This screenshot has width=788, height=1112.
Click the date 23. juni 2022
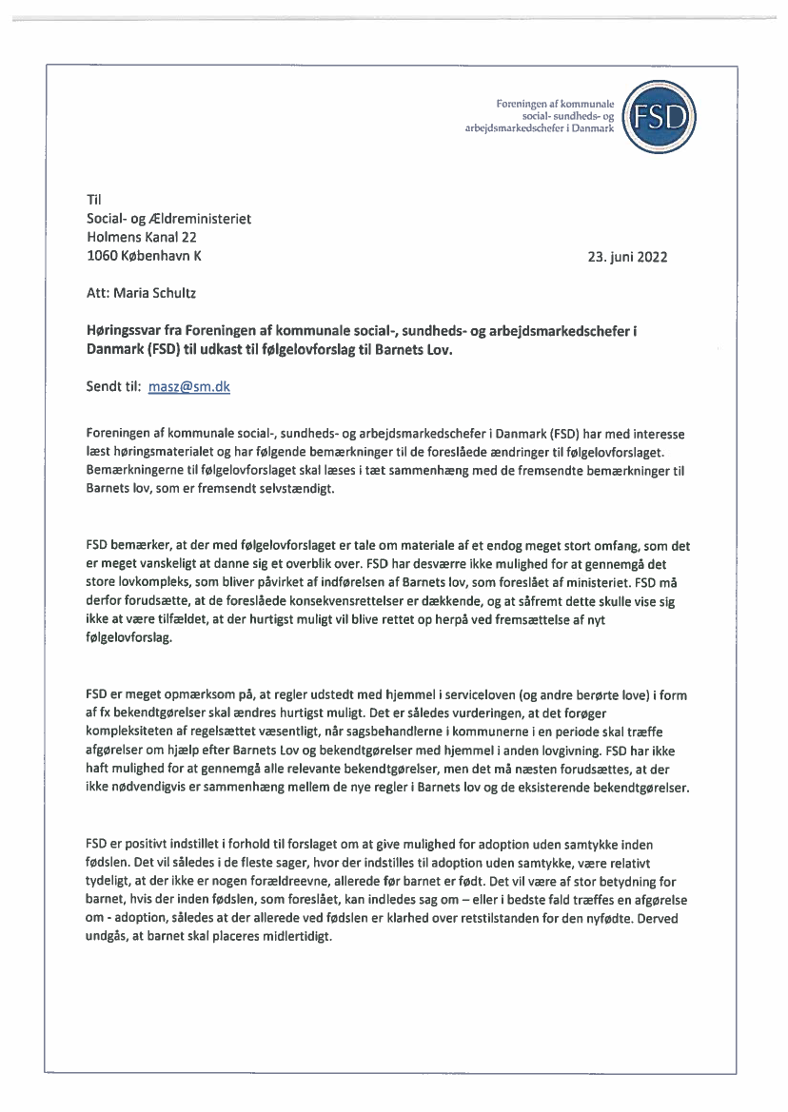[628, 257]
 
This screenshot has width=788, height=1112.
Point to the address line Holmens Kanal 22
[141, 237]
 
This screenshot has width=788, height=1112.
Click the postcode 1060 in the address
[102, 256]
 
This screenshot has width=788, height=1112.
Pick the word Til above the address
[93, 200]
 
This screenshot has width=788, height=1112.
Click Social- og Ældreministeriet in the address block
[168, 219]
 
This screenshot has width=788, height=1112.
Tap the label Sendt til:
[113, 387]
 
